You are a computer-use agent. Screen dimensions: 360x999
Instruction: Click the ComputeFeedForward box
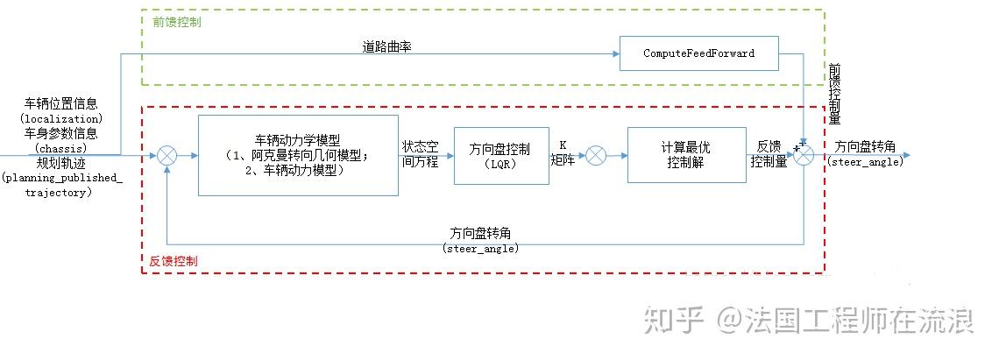698,53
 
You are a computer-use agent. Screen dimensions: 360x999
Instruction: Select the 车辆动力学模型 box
298,155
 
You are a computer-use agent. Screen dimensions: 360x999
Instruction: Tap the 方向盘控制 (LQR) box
500,155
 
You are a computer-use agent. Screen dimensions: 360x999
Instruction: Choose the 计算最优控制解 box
680,155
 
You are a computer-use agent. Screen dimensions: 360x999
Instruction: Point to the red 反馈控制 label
174,261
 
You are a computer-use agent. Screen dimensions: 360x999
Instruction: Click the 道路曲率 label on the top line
386,47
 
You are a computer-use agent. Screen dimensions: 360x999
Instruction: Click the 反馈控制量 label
769,154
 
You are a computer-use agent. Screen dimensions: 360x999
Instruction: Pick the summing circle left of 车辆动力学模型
166,156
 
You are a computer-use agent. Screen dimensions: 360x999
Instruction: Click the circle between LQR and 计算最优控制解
595,156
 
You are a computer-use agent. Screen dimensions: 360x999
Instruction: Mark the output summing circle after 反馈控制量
804,155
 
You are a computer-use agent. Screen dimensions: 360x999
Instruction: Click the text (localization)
60,117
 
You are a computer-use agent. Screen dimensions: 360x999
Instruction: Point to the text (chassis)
60,148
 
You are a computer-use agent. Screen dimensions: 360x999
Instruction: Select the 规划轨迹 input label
60,163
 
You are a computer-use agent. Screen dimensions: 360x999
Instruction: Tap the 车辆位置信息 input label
60,103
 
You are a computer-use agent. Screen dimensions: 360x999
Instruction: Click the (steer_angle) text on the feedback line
481,249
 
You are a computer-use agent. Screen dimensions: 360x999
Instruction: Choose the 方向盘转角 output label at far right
865,147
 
